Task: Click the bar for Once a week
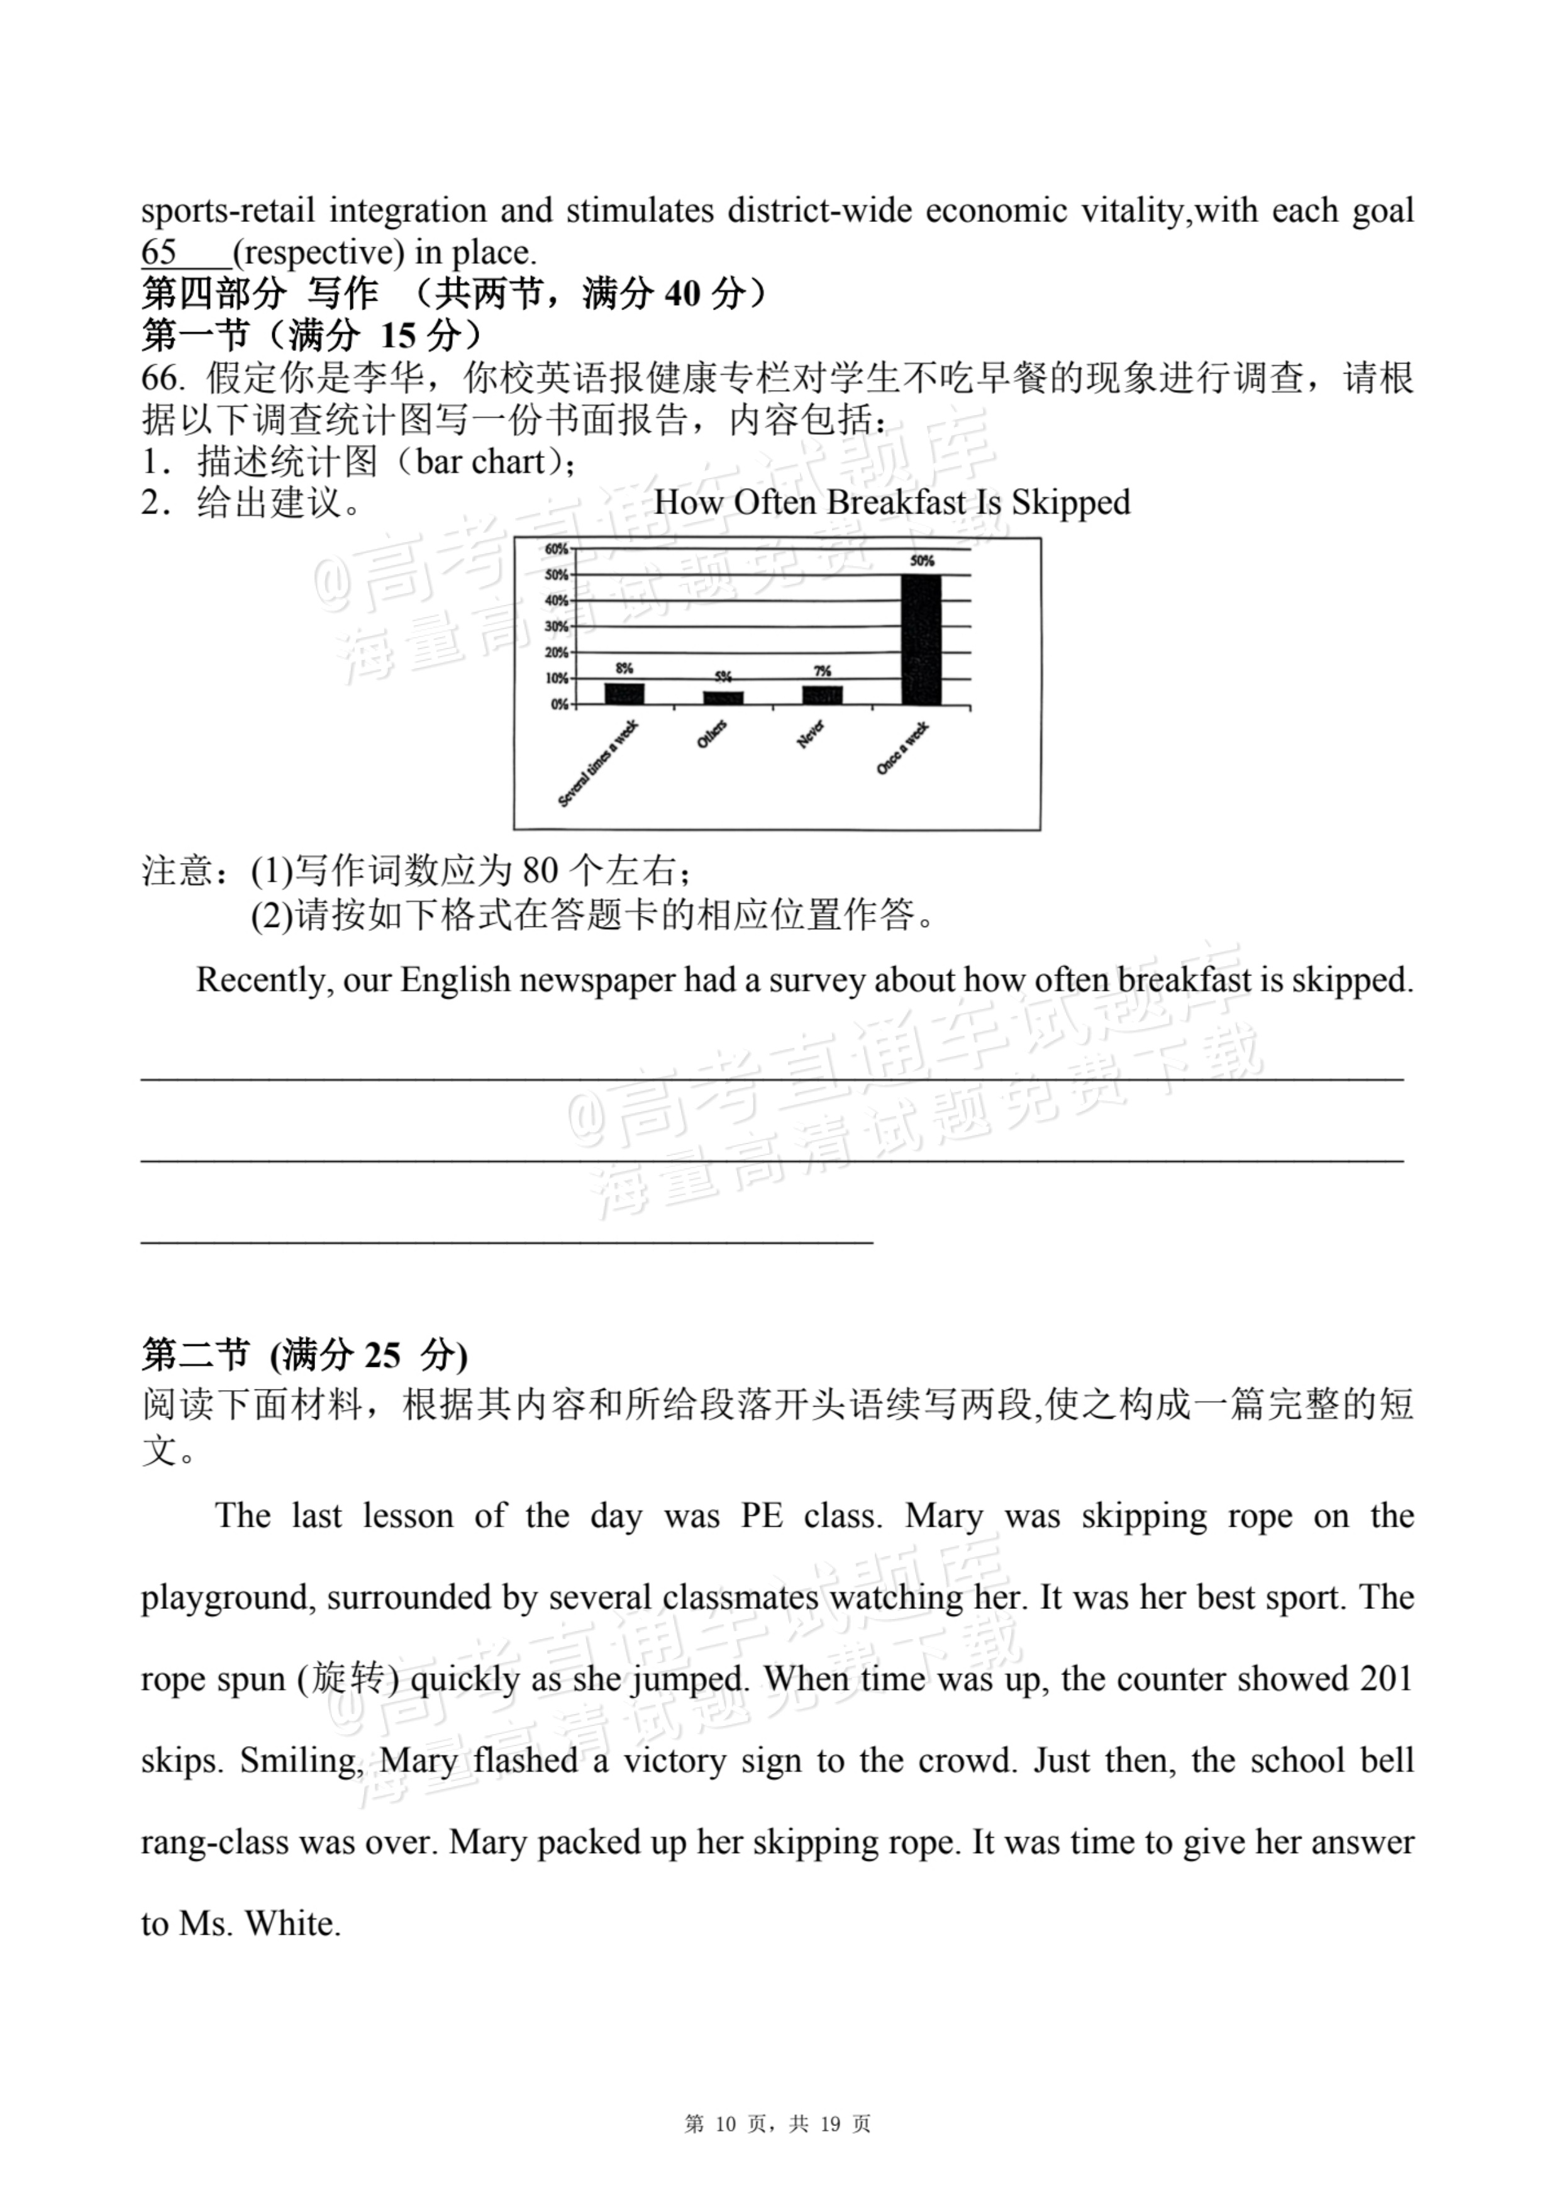(x=921, y=640)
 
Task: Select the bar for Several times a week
(x=624, y=693)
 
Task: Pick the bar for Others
(x=723, y=697)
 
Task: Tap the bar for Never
(x=823, y=695)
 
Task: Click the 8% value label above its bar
(x=624, y=668)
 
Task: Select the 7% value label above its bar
(x=823, y=671)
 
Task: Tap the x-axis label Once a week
(x=902, y=750)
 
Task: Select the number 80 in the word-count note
(x=540, y=871)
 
